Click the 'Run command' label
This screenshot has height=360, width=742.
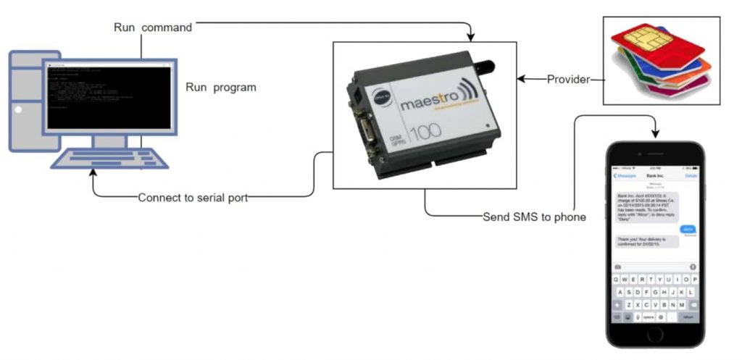click(153, 28)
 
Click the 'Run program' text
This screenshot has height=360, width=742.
click(221, 88)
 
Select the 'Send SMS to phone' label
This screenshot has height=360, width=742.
click(535, 217)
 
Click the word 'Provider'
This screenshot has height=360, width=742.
click(568, 79)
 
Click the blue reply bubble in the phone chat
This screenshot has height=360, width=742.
click(688, 229)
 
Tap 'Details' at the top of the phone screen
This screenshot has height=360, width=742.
click(691, 175)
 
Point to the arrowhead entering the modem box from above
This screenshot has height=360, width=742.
click(471, 37)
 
